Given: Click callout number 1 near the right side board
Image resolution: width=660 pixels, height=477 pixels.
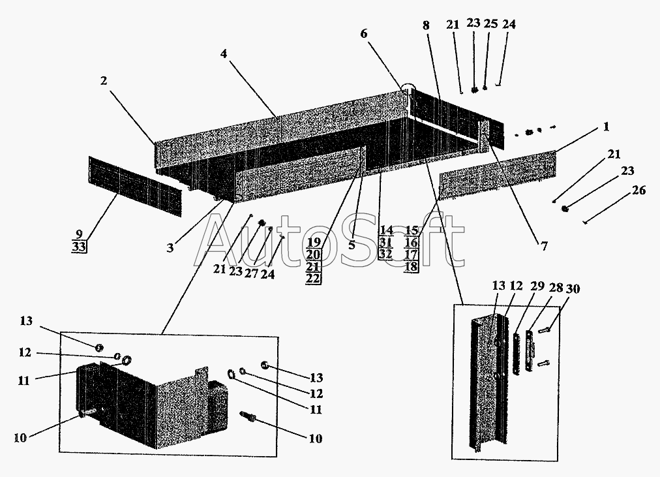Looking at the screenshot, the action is [606, 127].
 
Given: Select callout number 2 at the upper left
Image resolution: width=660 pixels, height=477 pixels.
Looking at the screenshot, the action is [104, 80].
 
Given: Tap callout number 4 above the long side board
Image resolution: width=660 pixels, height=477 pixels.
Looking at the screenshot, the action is [224, 54].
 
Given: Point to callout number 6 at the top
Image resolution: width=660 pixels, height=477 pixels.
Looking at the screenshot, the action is [364, 33].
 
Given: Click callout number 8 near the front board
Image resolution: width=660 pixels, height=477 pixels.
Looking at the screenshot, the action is [426, 25].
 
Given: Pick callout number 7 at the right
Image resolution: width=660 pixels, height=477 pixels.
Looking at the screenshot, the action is [545, 246].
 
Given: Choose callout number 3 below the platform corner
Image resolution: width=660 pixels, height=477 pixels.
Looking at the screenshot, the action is [170, 247].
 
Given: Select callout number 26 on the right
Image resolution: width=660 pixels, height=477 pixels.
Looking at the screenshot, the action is [638, 191].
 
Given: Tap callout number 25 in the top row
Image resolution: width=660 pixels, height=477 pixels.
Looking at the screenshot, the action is [490, 23].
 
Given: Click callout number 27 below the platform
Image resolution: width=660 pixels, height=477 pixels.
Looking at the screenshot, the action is [251, 273].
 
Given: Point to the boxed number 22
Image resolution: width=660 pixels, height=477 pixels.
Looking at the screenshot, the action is [313, 278].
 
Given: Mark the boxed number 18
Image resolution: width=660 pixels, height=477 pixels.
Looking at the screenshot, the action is [412, 266].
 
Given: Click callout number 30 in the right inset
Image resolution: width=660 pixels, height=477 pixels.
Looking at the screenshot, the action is [573, 289].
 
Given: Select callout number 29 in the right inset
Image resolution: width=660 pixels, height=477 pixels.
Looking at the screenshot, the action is [537, 286].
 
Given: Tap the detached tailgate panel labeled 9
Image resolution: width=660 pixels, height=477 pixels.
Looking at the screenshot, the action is [136, 187].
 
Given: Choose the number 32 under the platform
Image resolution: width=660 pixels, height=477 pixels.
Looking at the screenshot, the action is [385, 254].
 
